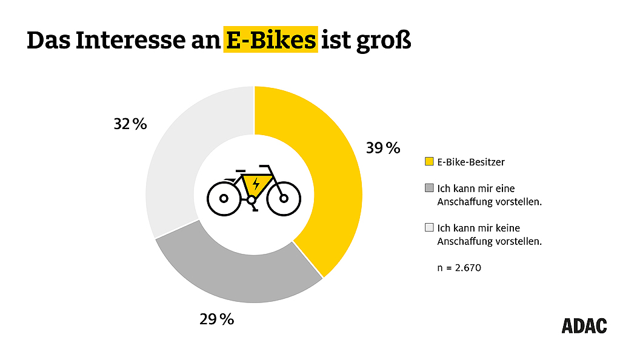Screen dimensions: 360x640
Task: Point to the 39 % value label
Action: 383,148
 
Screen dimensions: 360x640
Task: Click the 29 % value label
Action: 216,319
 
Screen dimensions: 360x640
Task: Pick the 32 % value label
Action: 130,124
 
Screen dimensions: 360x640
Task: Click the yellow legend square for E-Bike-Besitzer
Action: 430,162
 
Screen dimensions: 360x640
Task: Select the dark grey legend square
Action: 430,188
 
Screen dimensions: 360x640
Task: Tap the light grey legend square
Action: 430,228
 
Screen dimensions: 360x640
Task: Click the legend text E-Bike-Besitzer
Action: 471,162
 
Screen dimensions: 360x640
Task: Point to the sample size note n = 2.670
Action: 459,267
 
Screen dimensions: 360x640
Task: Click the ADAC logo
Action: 584,325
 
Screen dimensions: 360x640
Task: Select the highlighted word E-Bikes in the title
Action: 270,40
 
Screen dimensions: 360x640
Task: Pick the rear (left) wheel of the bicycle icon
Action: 224,198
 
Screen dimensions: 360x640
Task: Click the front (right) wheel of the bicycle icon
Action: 284,198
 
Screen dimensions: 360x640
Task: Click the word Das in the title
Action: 48,40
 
